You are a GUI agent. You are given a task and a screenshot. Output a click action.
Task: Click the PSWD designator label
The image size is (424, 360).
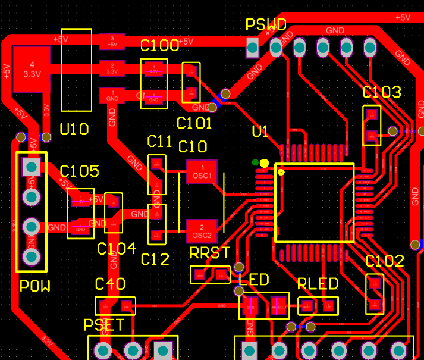(x=266, y=25)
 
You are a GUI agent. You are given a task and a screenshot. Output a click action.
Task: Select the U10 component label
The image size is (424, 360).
(x=74, y=129)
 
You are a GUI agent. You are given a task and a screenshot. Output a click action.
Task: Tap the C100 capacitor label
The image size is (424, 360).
(x=159, y=46)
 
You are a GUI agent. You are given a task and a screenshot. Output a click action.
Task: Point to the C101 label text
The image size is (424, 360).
(x=194, y=123)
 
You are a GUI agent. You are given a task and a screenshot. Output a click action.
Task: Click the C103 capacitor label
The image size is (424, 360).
(x=381, y=92)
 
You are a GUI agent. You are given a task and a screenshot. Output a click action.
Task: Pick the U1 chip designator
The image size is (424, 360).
(x=260, y=132)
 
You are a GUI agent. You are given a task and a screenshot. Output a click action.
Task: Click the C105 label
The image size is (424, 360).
(x=79, y=171)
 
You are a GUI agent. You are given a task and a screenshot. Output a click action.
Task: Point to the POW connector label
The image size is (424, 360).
(x=35, y=286)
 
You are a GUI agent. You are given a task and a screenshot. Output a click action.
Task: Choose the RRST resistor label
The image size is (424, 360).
(x=209, y=253)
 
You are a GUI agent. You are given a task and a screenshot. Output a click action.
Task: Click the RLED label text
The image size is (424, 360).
(x=318, y=283)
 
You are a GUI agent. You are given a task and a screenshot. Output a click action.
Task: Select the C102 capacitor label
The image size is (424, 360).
(x=384, y=261)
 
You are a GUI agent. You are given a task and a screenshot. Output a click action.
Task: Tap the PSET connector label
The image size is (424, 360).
(x=103, y=325)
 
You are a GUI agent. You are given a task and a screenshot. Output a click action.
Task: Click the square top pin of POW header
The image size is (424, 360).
(x=31, y=167)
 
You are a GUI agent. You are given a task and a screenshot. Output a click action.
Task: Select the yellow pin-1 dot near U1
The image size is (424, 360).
(x=264, y=163)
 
